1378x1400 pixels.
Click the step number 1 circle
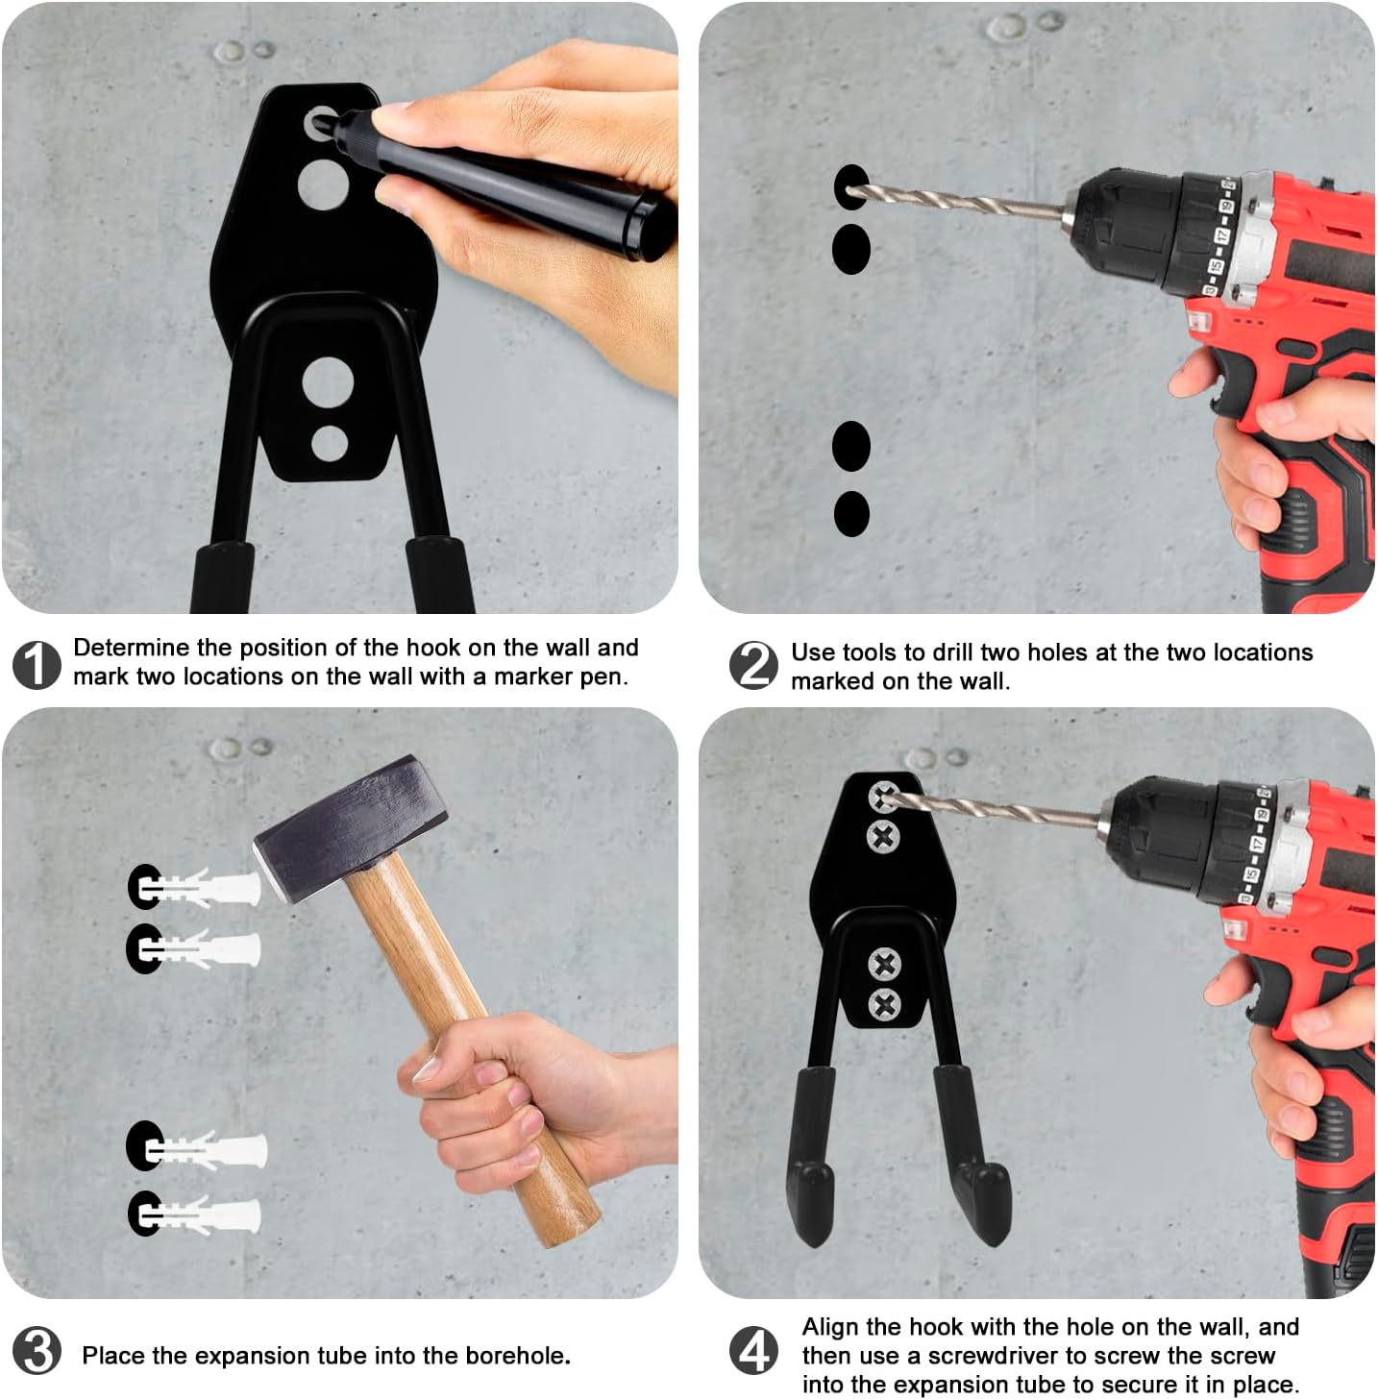[x=37, y=664]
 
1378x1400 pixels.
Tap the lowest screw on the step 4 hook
[x=884, y=1005]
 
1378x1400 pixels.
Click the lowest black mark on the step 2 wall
[x=851, y=514]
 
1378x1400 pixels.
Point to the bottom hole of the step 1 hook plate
[x=330, y=443]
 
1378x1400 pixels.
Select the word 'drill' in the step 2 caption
[x=953, y=651]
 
